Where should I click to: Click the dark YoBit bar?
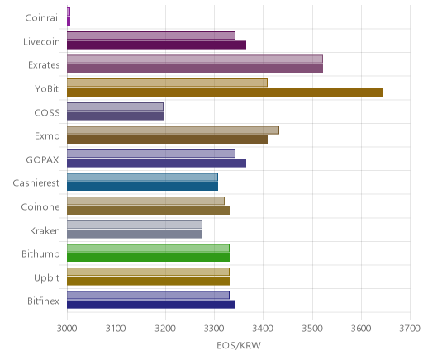click(x=225, y=92)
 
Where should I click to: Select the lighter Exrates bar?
click(x=195, y=59)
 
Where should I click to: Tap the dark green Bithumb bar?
click(x=148, y=258)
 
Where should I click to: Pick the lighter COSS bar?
click(x=115, y=107)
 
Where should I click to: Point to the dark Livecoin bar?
click(x=156, y=45)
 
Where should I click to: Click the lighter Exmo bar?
click(x=173, y=130)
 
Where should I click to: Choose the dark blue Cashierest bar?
click(x=142, y=187)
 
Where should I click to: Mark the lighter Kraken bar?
click(x=135, y=225)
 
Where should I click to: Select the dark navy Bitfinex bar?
click(x=151, y=305)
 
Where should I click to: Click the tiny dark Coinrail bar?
click(x=69, y=21)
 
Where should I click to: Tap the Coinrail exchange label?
click(x=42, y=18)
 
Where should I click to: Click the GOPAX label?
click(x=42, y=160)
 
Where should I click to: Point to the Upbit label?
click(x=46, y=278)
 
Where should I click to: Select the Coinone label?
click(x=40, y=207)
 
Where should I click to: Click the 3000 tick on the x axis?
click(x=67, y=329)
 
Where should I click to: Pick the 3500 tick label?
click(x=312, y=329)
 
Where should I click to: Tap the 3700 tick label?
click(x=410, y=329)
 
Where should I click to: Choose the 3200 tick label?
click(x=165, y=329)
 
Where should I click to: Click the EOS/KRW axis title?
click(x=239, y=346)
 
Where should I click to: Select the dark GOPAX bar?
click(x=156, y=163)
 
